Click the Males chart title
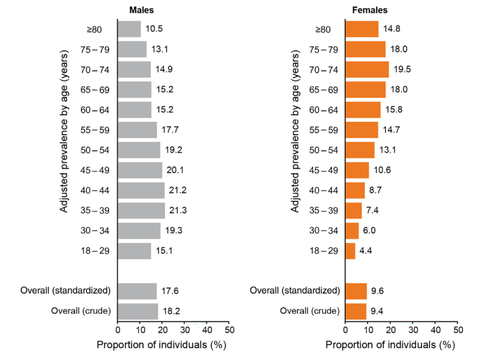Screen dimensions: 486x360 click(141, 10)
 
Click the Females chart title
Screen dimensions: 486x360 click(369, 10)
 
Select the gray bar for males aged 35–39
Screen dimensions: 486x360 click(141, 211)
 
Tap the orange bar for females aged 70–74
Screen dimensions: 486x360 click(367, 69)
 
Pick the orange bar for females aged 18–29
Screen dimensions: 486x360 click(350, 251)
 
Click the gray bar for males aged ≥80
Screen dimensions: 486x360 click(129, 29)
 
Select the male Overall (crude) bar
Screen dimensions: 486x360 click(138, 311)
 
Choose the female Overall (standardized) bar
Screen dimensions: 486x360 click(356, 291)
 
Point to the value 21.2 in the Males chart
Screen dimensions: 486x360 click(178, 190)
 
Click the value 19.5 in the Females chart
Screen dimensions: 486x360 click(402, 69)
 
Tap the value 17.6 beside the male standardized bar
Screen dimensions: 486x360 click(170, 291)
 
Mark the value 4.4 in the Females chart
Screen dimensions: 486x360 click(365, 251)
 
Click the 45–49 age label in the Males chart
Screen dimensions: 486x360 click(95, 170)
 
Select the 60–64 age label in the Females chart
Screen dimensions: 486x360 click(324, 110)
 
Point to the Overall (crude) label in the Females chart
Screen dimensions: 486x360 click(310, 310)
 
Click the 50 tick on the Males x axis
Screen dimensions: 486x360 click(229, 329)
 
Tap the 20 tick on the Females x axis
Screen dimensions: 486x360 click(391, 329)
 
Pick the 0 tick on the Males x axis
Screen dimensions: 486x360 click(118, 329)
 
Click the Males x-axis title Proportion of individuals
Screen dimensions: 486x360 click(152, 345)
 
